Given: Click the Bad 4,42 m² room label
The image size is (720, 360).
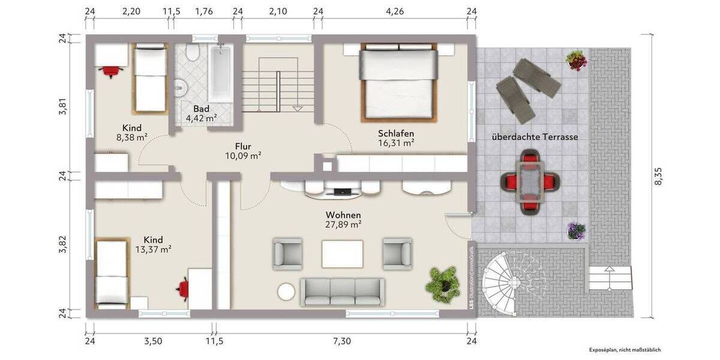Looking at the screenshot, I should [x=201, y=113].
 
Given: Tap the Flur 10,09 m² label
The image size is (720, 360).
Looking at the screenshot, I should [x=242, y=151].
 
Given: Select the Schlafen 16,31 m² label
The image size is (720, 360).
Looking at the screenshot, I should [x=396, y=138].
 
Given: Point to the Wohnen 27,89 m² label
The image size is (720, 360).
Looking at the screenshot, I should [x=343, y=220].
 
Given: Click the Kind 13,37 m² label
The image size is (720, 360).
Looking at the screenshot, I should [x=149, y=244].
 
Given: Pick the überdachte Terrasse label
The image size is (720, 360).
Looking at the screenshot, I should [x=535, y=137].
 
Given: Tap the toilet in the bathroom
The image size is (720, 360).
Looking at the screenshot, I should [x=193, y=53].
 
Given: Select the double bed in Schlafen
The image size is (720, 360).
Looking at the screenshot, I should [x=398, y=82].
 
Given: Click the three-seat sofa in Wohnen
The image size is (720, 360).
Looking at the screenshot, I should [x=343, y=292].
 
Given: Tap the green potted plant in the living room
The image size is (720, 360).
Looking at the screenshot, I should [x=443, y=283].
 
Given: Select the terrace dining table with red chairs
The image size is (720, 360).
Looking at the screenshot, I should [x=530, y=181].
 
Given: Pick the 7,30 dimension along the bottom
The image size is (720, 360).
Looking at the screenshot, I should [x=341, y=341].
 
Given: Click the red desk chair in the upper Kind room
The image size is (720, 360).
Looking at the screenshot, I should [x=110, y=71].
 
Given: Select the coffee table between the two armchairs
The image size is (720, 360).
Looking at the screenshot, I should [x=342, y=253].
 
